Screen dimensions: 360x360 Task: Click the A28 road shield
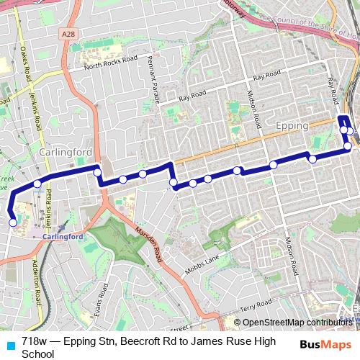[68, 33]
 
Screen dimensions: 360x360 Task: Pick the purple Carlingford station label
[64, 236]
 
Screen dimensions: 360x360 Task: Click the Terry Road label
[256, 303]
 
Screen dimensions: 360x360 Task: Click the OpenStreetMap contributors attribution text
[300, 323]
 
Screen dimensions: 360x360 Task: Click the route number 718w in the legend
[33, 341]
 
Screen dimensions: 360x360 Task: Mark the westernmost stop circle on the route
[12, 222]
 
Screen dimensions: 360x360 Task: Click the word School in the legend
[37, 354]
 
